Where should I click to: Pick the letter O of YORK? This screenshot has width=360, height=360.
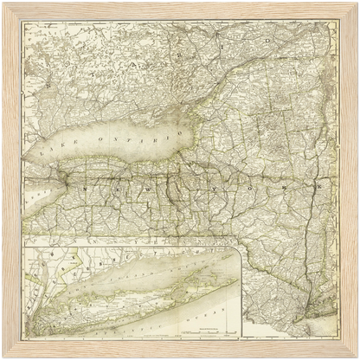248,187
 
